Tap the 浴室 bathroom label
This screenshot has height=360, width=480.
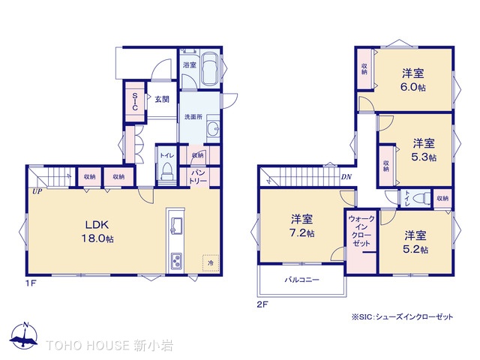click(x=189, y=66)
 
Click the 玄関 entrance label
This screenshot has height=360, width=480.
click(x=162, y=98)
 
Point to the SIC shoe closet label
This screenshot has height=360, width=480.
click(x=135, y=101)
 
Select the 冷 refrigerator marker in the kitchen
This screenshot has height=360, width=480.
click(x=210, y=263)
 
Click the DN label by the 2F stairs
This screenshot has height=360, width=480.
click(x=346, y=178)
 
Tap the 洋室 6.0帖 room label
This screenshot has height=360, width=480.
click(x=412, y=79)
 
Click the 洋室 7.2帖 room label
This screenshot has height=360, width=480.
click(x=303, y=226)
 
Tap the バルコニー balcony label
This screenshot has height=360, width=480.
click(x=301, y=280)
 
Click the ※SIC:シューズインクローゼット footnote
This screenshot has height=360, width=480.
click(x=402, y=317)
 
